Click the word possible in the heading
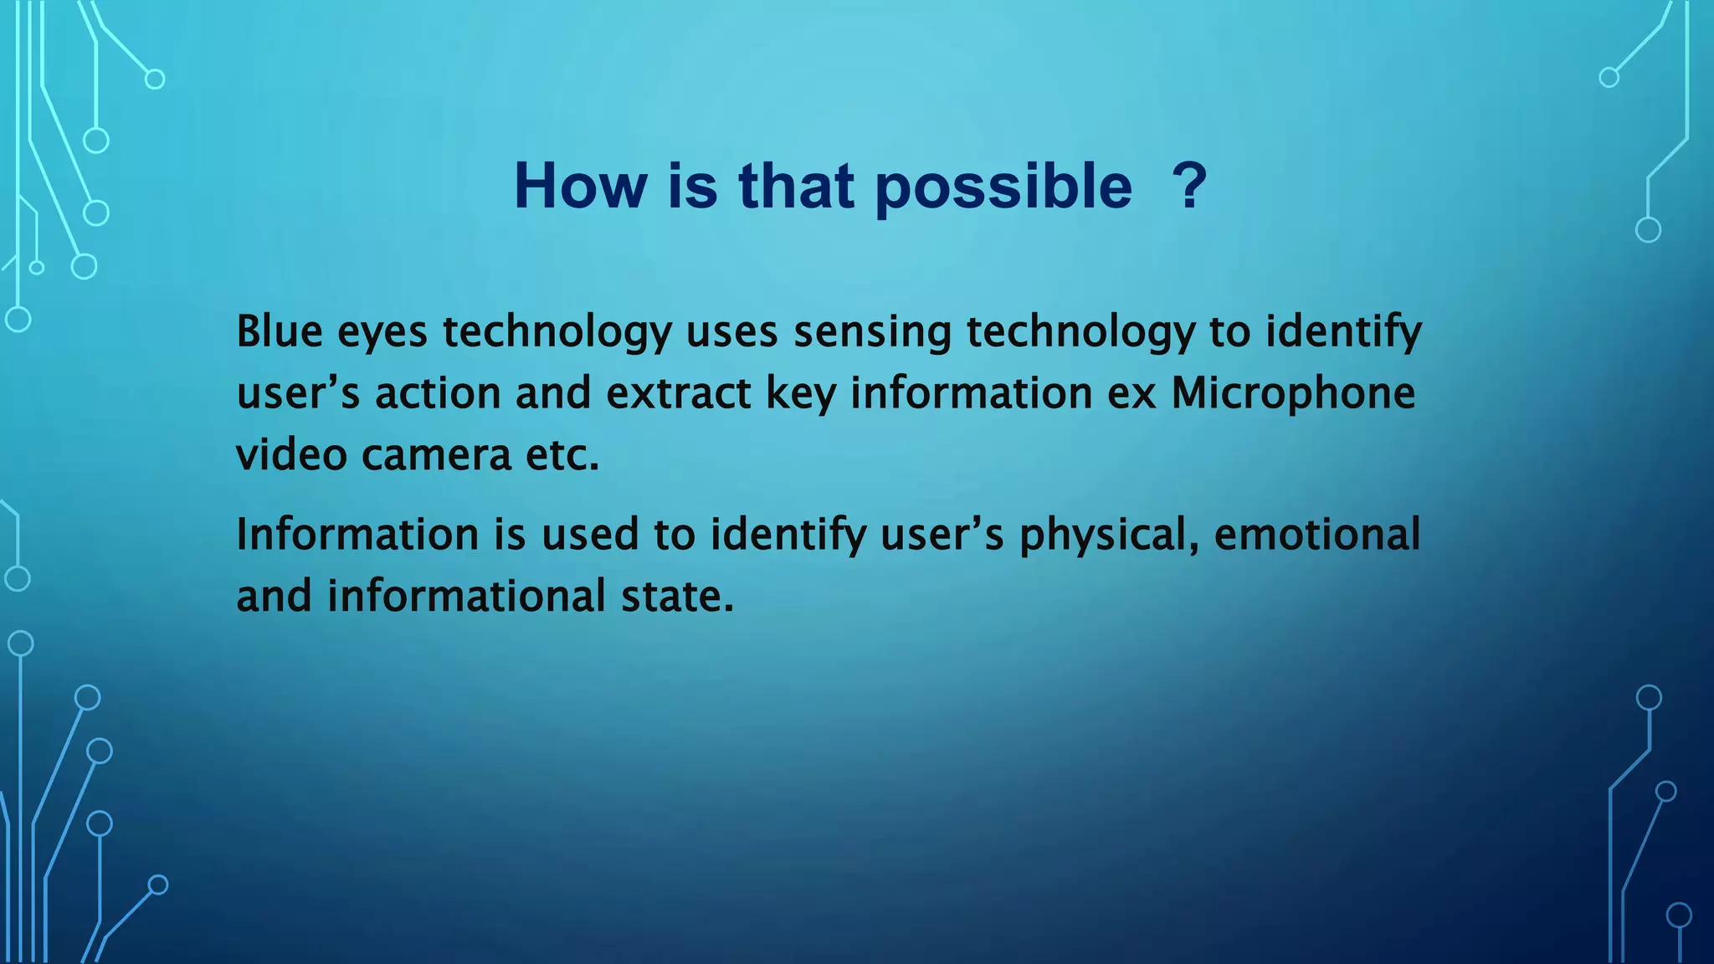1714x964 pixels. [x=1003, y=187]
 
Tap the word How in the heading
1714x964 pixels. [x=580, y=185]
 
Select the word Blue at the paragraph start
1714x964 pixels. [x=279, y=331]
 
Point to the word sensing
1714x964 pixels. [x=872, y=333]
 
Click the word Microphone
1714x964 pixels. [x=1292, y=394]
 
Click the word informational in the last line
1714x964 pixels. [x=466, y=597]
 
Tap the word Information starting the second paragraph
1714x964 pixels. [x=357, y=535]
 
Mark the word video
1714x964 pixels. [x=291, y=456]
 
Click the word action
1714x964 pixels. [x=437, y=394]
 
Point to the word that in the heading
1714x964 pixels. [x=796, y=185]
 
